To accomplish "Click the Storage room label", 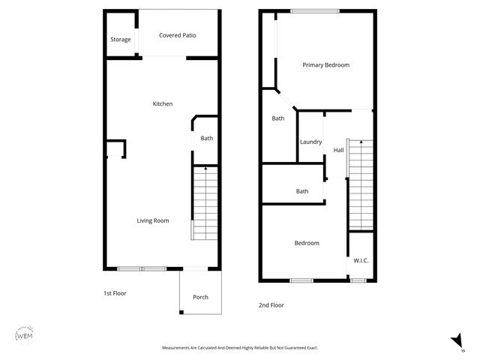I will [x=120, y=40].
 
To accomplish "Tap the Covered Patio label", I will [x=178, y=35].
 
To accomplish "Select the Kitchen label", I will [x=163, y=103].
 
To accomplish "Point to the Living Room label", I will [x=152, y=220].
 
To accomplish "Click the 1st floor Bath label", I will [x=206, y=138].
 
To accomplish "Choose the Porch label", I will [x=200, y=297].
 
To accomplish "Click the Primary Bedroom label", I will [x=325, y=65].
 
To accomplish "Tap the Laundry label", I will [x=310, y=142].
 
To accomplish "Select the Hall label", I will [x=338, y=151].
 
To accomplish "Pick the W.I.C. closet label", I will [x=361, y=260].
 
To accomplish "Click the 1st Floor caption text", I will [x=115, y=293].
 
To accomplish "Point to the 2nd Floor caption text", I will [x=271, y=305].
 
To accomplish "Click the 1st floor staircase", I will [x=205, y=203].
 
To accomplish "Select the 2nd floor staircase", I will [x=361, y=184].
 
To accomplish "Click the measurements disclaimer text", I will [x=240, y=348].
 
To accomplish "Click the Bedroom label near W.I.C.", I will [x=306, y=243].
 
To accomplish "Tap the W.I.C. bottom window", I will [x=358, y=280].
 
